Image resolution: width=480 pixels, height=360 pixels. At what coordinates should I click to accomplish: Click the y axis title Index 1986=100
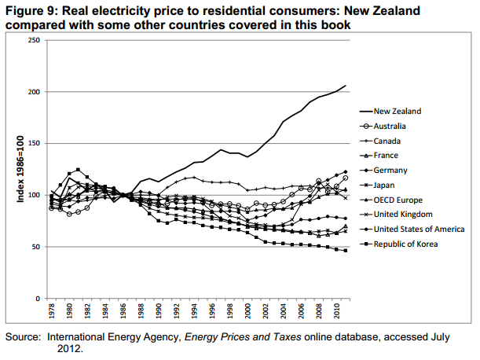(x=21, y=169)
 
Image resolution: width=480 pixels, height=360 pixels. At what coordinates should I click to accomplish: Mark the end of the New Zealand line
(x=346, y=85)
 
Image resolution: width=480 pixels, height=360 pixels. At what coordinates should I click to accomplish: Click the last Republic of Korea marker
(x=346, y=251)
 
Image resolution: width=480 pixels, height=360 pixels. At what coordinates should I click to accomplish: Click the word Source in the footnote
(x=23, y=336)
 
